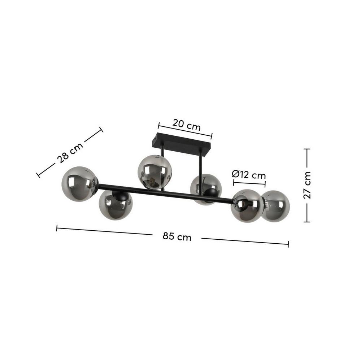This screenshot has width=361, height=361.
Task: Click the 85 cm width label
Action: coord(177,236)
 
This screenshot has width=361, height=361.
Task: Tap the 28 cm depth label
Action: coord(70,153)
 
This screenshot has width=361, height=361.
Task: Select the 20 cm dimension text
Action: coord(187,125)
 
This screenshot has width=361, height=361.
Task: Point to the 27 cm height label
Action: coord(307,185)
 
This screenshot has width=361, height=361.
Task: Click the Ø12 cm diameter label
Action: coord(249,174)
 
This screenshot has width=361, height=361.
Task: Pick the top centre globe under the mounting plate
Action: coord(155,172)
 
